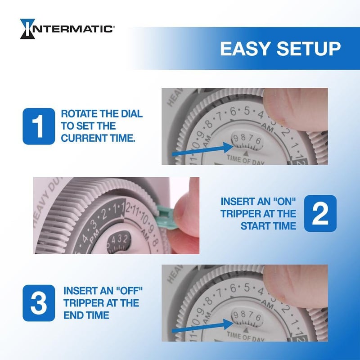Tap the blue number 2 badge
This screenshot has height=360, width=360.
320,213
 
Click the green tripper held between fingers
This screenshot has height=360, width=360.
166,211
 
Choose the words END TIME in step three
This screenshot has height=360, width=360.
86,315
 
